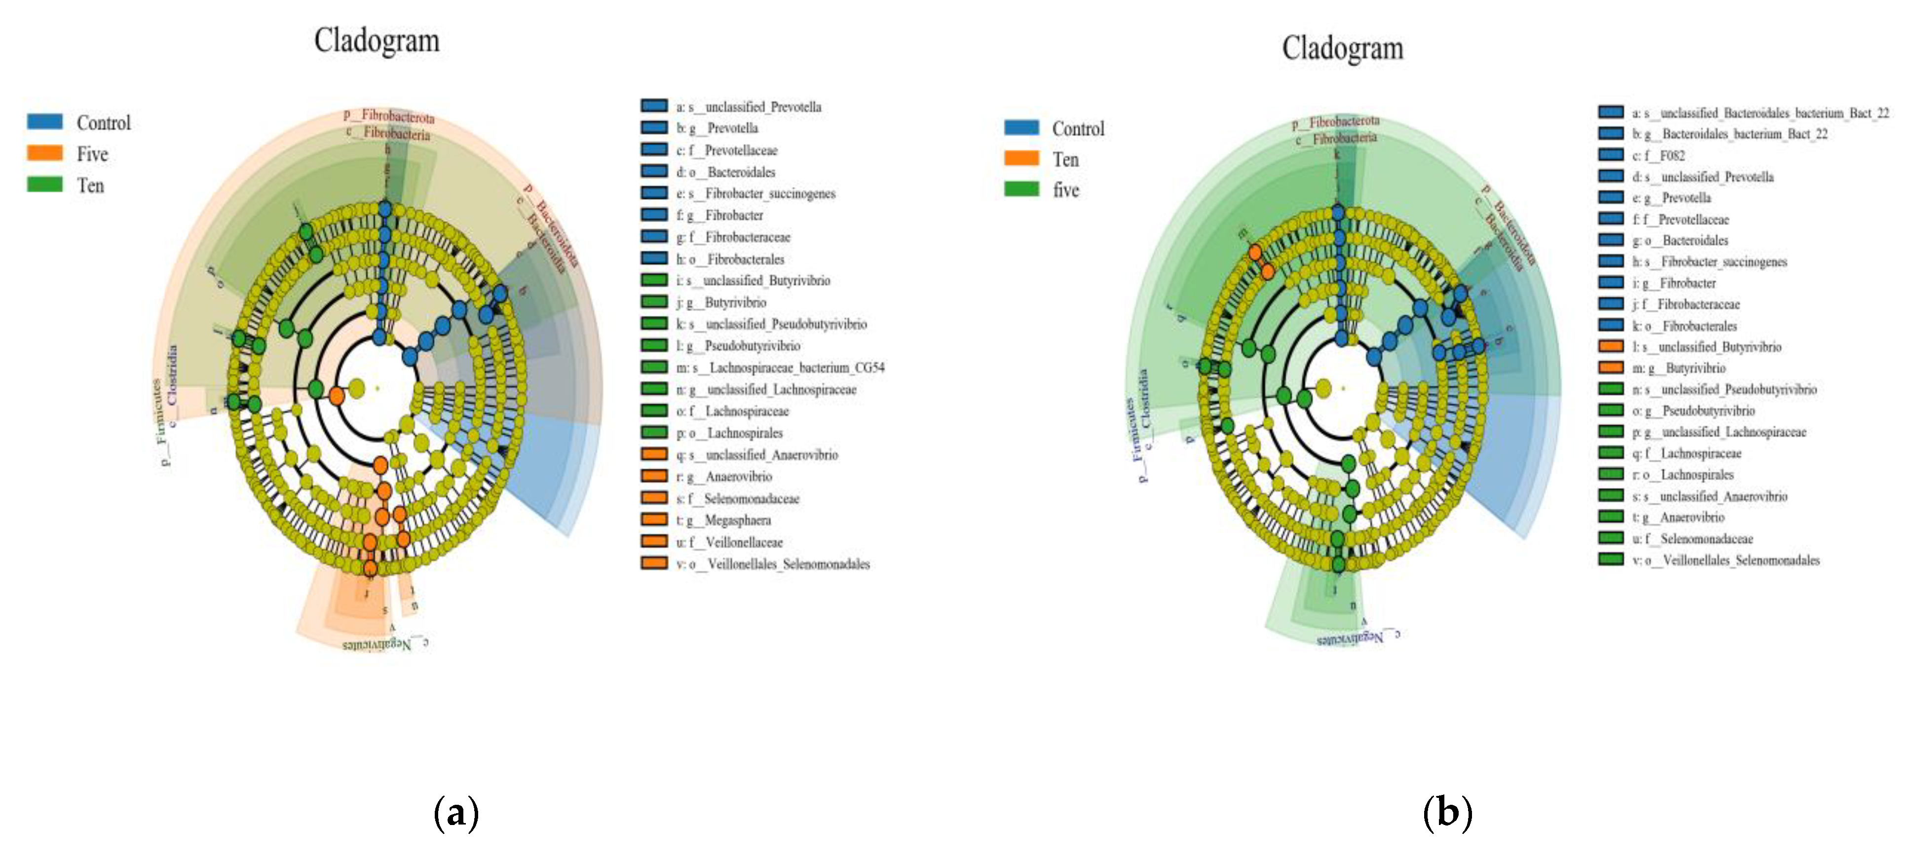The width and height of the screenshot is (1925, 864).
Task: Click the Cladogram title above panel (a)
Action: [377, 40]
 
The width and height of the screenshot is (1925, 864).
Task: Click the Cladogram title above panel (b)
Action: [1342, 48]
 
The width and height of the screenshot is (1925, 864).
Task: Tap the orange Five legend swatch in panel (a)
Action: [45, 153]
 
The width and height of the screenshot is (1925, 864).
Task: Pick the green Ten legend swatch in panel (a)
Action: [45, 185]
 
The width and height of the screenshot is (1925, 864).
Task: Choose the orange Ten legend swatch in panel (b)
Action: [1021, 158]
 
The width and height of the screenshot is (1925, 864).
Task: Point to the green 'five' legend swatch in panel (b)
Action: [1021, 189]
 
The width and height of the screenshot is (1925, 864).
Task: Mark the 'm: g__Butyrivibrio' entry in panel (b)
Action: [1678, 369]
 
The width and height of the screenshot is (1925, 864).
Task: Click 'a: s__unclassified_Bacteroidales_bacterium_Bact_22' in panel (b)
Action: [1760, 113]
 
